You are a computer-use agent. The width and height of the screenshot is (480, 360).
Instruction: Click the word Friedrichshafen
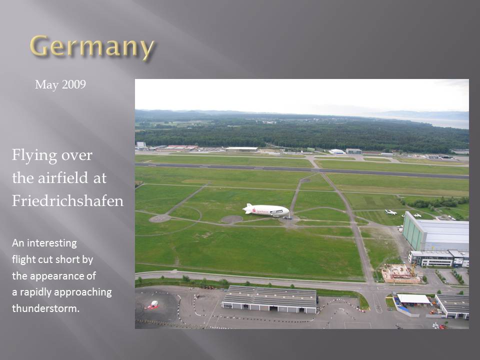coord(67,201)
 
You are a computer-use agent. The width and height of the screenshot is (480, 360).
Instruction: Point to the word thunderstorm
coord(45,308)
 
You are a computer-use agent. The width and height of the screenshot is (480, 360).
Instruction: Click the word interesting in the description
coord(52,243)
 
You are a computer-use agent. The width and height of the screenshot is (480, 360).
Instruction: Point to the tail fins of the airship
coord(247,208)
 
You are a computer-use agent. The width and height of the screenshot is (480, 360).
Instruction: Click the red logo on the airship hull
coord(254,209)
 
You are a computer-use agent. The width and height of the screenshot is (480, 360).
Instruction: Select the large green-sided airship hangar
coord(435,231)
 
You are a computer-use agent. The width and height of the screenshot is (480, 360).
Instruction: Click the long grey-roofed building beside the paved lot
coord(269,299)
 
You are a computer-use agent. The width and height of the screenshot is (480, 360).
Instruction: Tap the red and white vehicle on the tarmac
coord(153,304)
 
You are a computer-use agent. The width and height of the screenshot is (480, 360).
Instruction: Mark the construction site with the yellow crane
coord(400,273)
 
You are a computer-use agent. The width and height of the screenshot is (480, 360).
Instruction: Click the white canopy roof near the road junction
coord(413,299)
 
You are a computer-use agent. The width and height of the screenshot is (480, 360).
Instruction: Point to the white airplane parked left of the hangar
coord(391,212)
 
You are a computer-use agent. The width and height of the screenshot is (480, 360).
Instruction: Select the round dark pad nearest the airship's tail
coord(231,219)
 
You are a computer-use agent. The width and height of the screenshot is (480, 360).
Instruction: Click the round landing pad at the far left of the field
coord(160,218)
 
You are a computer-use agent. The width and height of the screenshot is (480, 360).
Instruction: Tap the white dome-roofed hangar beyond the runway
coord(336,151)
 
